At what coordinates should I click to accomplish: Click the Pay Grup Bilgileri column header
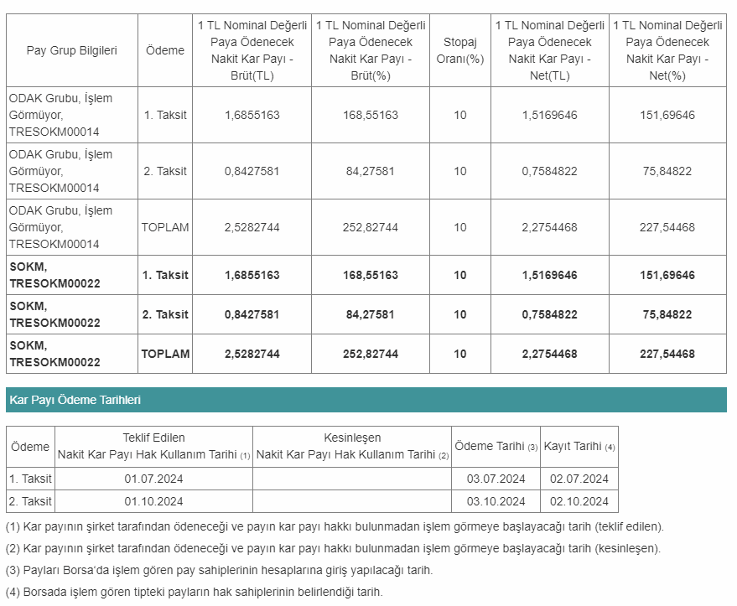72,50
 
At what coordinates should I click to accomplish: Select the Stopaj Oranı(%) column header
459,50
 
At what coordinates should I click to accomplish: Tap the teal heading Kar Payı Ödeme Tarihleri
75,401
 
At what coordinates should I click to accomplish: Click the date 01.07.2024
153,479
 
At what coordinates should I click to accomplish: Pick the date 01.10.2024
153,501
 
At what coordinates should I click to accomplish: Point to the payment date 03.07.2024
496,479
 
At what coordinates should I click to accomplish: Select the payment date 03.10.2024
496,501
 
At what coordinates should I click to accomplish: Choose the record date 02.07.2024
579,479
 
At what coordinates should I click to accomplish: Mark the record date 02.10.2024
579,501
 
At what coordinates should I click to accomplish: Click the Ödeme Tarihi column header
496,446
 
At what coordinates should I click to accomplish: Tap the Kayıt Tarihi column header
579,446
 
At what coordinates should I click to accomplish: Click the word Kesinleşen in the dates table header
352,438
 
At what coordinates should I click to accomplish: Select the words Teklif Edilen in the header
153,438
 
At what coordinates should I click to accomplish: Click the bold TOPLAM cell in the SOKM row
165,354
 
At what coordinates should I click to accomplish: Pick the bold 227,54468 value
667,354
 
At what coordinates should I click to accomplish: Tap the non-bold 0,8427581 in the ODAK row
252,171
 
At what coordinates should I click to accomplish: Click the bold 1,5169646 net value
549,275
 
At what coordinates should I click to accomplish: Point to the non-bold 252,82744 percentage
371,227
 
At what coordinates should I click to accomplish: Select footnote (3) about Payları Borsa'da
219,570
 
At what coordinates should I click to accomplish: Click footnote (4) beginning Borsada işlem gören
194,592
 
